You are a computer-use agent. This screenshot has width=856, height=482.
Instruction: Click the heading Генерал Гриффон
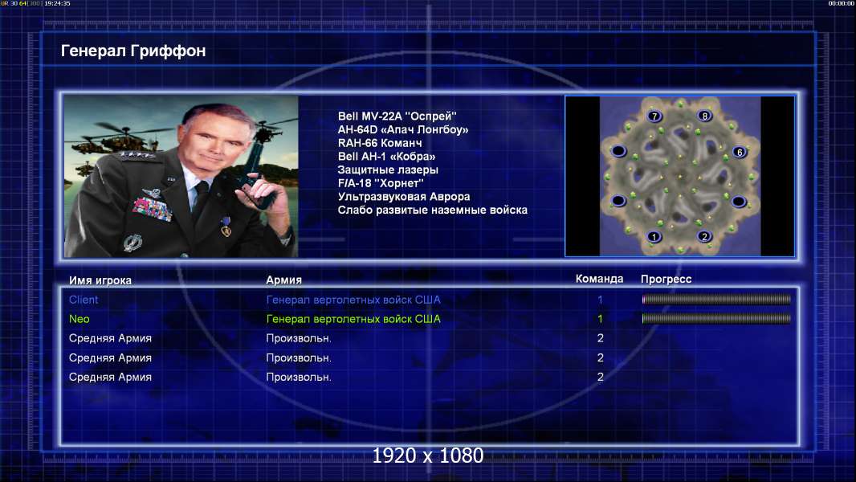[133, 51]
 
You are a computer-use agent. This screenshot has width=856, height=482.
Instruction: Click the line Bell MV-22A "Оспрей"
[397, 116]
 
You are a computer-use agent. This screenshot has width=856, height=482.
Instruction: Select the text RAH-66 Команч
[379, 143]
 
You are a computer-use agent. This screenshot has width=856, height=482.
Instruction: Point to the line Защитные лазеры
[388, 170]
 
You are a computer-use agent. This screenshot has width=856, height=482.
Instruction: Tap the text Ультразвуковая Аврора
[403, 197]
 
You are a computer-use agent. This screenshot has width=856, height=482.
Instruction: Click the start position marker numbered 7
[654, 116]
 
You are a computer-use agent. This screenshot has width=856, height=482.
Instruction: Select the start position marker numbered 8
[705, 116]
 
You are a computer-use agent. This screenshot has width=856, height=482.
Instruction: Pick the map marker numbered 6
[740, 153]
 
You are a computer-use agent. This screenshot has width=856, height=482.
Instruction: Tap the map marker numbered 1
[654, 237]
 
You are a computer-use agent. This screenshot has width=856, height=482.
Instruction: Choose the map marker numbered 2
[704, 236]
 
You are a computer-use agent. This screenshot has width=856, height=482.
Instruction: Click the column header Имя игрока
[100, 280]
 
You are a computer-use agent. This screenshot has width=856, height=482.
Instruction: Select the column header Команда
[599, 279]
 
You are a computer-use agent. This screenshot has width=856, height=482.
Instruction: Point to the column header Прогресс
[666, 280]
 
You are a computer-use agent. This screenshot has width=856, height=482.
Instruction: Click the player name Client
[84, 300]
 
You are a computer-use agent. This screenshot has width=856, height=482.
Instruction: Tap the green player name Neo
[79, 319]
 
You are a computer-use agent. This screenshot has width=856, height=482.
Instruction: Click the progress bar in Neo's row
[716, 319]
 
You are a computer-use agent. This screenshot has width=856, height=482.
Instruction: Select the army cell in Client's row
[353, 300]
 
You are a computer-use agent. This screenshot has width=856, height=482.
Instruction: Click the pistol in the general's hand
[256, 170]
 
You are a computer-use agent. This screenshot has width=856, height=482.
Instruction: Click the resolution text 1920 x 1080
[428, 455]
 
